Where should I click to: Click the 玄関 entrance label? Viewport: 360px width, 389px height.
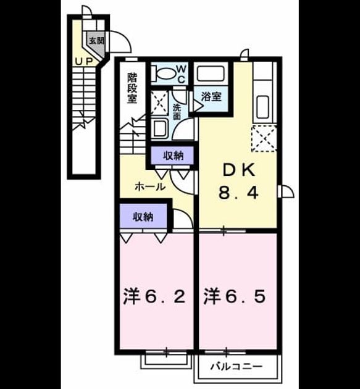96,41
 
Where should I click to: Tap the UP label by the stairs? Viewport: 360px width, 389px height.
84,62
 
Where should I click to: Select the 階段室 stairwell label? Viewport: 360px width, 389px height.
132,88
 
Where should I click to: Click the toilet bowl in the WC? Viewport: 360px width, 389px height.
162,73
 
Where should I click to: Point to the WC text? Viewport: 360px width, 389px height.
181,74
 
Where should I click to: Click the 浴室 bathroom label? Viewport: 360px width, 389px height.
211,96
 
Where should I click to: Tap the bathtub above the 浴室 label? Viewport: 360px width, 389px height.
211,73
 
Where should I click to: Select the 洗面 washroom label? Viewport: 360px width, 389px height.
177,111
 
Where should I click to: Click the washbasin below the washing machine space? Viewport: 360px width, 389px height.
160,128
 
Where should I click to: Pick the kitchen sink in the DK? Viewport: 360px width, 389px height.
262,107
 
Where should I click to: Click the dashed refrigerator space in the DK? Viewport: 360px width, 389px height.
264,139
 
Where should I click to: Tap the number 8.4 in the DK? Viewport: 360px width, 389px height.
238,193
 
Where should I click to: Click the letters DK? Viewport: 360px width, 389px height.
239,170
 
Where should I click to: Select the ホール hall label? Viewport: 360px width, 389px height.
150,186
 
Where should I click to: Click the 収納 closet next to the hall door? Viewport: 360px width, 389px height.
172,156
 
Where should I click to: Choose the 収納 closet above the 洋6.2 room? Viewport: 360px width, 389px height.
143,216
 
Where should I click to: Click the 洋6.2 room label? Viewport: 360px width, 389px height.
154,297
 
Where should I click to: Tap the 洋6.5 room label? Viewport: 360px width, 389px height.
235,297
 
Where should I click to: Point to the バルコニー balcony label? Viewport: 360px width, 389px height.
237,366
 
